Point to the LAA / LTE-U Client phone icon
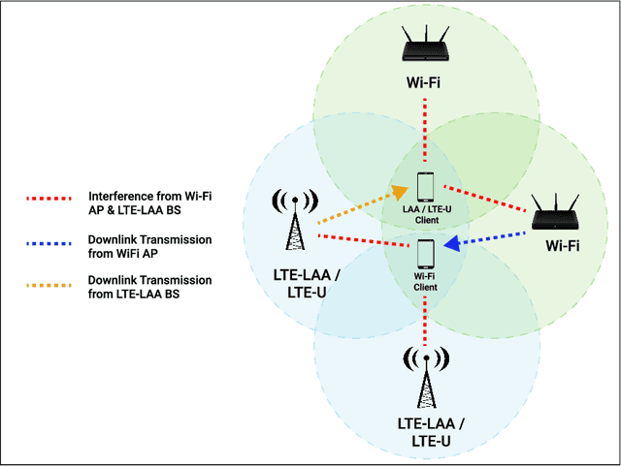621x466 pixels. pyautogui.click(x=426, y=188)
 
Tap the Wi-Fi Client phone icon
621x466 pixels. pyautogui.click(x=426, y=254)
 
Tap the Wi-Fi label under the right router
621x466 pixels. pyautogui.click(x=562, y=246)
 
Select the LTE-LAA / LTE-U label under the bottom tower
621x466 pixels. pyautogui.click(x=427, y=432)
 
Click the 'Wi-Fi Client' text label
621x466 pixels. pyautogui.click(x=426, y=281)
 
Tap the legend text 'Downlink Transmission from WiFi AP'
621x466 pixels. pyautogui.click(x=149, y=245)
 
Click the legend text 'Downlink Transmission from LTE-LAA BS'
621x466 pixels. pyautogui.click(x=149, y=287)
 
